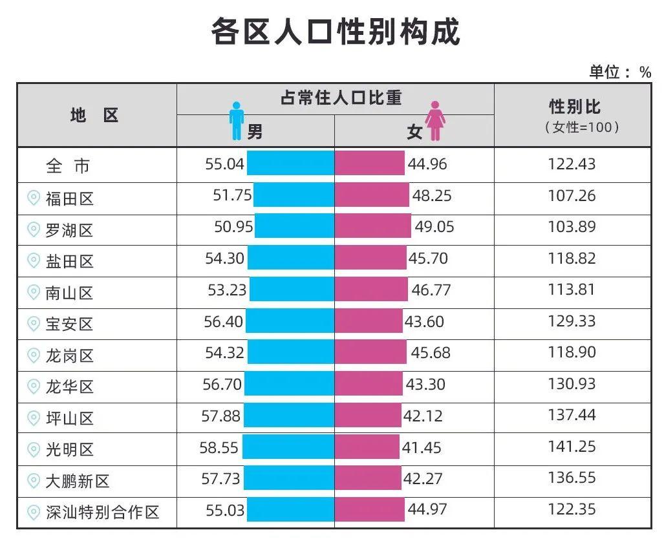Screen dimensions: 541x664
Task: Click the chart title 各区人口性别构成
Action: point(335,31)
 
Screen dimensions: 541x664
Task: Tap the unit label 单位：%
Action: point(619,72)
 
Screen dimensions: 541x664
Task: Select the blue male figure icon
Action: point(237,121)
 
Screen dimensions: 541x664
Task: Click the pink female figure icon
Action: point(435,121)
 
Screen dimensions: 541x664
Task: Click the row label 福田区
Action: point(69,198)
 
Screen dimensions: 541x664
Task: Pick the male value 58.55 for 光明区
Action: point(219,447)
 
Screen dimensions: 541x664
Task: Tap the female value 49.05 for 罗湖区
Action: point(433,227)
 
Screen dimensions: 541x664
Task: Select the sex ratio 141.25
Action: point(572,447)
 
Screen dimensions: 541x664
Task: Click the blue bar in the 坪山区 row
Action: point(288,416)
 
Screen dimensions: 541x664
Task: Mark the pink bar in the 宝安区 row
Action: point(369,321)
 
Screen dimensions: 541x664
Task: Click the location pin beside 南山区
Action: point(34,292)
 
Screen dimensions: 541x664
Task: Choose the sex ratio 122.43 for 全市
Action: point(572,164)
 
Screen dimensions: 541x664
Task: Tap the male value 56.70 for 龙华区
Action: point(222,385)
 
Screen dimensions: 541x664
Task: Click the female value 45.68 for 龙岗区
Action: point(431,353)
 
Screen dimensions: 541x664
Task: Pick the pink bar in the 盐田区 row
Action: point(370,259)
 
